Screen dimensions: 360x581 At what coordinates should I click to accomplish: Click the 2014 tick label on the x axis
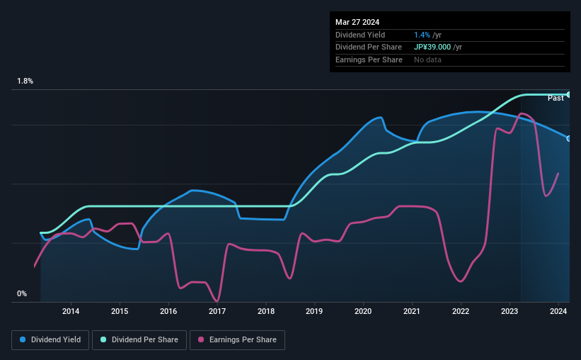(70, 311)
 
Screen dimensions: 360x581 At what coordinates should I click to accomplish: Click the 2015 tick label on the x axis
(120, 311)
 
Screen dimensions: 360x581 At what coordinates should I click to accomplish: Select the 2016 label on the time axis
(168, 311)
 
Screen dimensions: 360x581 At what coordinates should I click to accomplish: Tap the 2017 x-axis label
(217, 311)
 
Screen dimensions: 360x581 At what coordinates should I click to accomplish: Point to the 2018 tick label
(266, 311)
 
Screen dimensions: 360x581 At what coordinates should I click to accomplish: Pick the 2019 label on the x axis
(314, 311)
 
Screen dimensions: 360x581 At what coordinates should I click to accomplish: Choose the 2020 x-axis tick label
(363, 311)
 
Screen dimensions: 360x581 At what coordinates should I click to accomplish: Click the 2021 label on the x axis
(412, 311)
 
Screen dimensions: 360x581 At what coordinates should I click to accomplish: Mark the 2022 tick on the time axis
(461, 311)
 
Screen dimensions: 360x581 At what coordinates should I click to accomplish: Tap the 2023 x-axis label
(510, 311)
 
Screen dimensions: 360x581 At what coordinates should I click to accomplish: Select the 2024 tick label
(558, 311)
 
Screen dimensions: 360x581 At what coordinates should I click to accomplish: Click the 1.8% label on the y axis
(25, 81)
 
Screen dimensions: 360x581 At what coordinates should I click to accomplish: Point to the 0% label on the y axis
(22, 293)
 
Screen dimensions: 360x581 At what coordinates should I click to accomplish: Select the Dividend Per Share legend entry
(144, 340)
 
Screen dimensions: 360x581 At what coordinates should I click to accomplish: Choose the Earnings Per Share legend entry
(238, 340)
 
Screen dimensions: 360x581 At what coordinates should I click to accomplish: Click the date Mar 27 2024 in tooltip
(358, 21)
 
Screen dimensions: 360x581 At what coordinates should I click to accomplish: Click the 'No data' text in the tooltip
(429, 60)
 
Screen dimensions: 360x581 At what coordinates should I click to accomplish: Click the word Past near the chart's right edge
(556, 98)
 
